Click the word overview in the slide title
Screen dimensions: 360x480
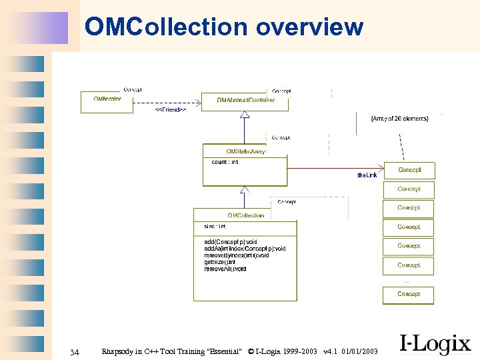tap(309, 27)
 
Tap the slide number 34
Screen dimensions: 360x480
tap(75, 351)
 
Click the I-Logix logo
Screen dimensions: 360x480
tap(435, 344)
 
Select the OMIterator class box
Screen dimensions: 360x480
tap(102, 101)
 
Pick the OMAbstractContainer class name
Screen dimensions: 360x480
tap(245, 100)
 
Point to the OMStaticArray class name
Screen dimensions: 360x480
tap(245, 151)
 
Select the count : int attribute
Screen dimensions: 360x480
tap(225, 162)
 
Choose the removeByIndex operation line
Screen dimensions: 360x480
tap(237, 255)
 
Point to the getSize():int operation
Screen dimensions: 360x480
tap(219, 262)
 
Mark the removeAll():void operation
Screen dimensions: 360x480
tap(225, 269)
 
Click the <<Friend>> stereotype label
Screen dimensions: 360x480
tap(170, 109)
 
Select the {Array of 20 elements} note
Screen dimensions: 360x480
tap(399, 118)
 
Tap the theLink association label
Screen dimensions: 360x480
tap(367, 175)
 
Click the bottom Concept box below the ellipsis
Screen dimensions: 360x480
tap(408, 294)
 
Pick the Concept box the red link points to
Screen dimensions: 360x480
tap(409, 170)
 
